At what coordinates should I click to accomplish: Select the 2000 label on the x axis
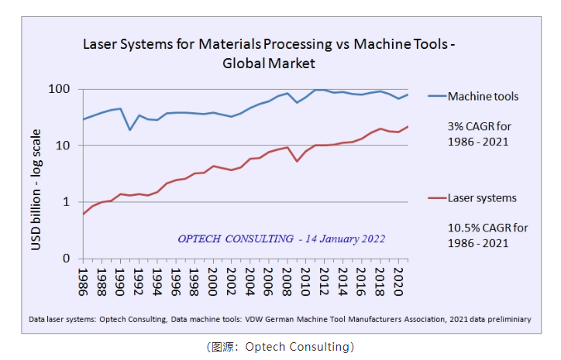click(x=212, y=278)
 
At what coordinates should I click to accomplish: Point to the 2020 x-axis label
click(x=397, y=278)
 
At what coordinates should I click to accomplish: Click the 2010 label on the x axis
click(x=305, y=278)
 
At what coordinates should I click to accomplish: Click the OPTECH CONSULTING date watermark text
click(x=280, y=238)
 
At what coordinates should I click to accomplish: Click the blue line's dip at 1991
click(x=129, y=129)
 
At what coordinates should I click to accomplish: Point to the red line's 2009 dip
click(x=297, y=161)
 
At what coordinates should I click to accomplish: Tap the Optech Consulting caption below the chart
click(x=280, y=346)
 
